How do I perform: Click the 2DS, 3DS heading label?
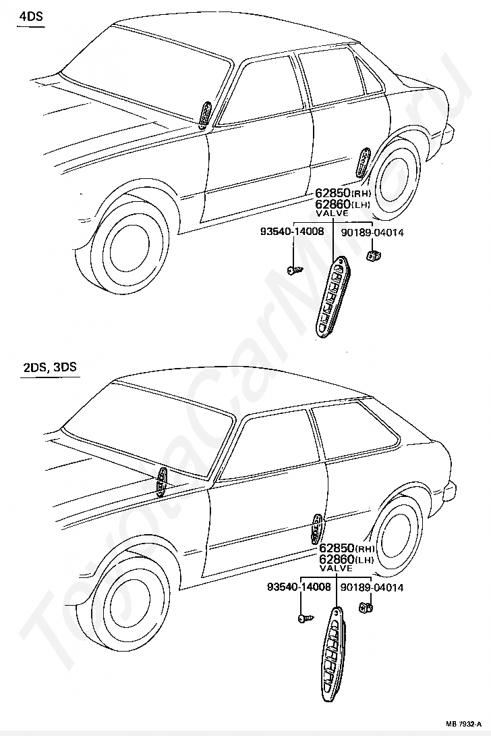click(x=49, y=367)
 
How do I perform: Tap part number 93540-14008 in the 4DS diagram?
click(x=292, y=232)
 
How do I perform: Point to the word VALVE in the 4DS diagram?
click(x=332, y=213)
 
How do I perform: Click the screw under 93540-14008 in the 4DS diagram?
click(x=293, y=270)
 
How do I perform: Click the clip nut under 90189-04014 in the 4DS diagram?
click(x=372, y=255)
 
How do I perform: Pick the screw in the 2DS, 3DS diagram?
click(x=302, y=618)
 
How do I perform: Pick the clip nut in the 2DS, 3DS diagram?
click(x=368, y=608)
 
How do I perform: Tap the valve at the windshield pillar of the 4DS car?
click(x=206, y=113)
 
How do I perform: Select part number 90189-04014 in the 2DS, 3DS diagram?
click(x=372, y=587)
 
